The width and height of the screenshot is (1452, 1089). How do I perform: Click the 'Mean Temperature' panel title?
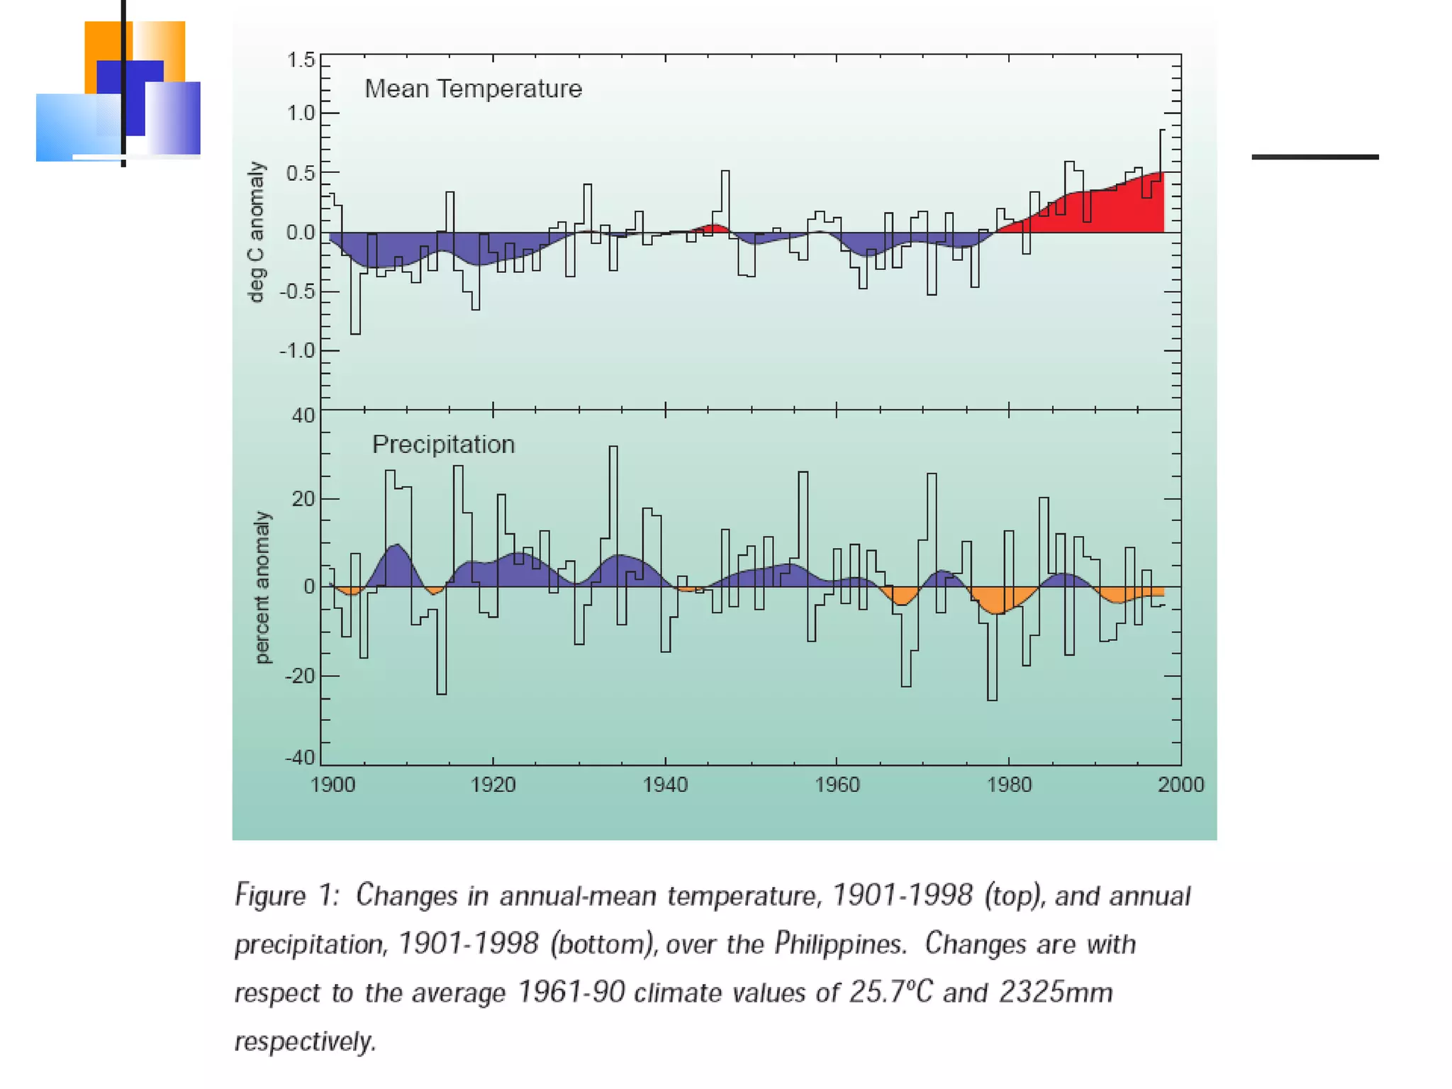click(x=473, y=89)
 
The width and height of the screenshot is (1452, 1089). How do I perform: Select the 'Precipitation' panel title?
click(x=443, y=445)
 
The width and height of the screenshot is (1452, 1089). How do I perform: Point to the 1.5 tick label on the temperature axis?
click(x=301, y=60)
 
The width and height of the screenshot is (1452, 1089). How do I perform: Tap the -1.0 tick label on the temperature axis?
click(x=297, y=351)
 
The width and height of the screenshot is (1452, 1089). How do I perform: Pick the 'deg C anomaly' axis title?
click(x=256, y=232)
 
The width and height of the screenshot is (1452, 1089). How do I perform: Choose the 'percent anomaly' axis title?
click(x=262, y=588)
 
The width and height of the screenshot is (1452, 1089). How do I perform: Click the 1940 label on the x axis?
click(x=665, y=785)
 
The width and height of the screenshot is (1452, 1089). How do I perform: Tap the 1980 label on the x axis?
click(x=1010, y=785)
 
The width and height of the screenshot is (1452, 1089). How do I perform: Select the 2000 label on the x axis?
click(x=1180, y=785)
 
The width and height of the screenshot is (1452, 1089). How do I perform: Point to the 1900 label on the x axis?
click(x=333, y=785)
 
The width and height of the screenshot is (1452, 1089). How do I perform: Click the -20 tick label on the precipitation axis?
click(x=300, y=676)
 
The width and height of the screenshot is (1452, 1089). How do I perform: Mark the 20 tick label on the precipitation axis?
click(x=303, y=499)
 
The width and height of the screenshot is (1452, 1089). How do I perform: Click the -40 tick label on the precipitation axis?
click(x=300, y=758)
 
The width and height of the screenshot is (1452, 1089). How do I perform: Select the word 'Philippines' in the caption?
click(x=839, y=944)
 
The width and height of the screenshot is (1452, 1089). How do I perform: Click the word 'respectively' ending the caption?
click(x=305, y=1041)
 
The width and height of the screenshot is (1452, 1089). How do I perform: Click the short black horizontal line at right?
click(x=1315, y=157)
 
